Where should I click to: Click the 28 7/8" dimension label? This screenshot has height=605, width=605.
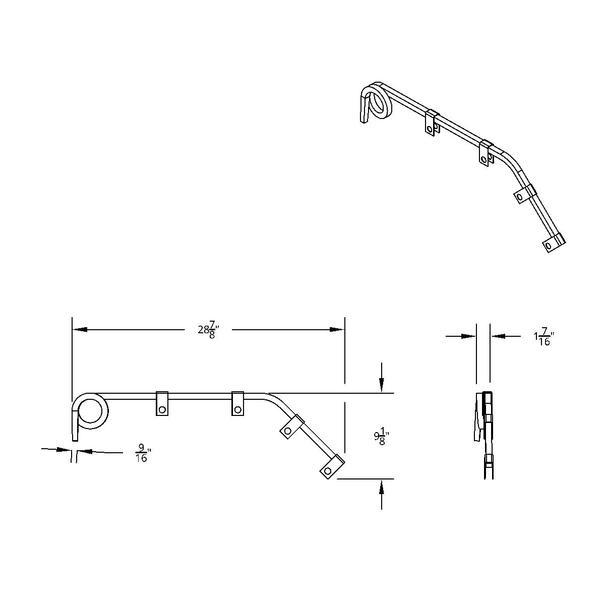(x=208, y=331)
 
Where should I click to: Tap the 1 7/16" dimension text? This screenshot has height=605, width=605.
(x=543, y=336)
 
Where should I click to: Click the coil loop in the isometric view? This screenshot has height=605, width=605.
(x=379, y=102)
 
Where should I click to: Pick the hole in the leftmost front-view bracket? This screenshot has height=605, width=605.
(x=162, y=409)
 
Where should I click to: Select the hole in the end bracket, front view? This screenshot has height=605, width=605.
(x=328, y=470)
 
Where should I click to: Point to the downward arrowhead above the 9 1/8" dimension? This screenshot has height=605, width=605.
(x=382, y=386)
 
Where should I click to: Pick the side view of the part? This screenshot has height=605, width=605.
(x=483, y=434)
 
